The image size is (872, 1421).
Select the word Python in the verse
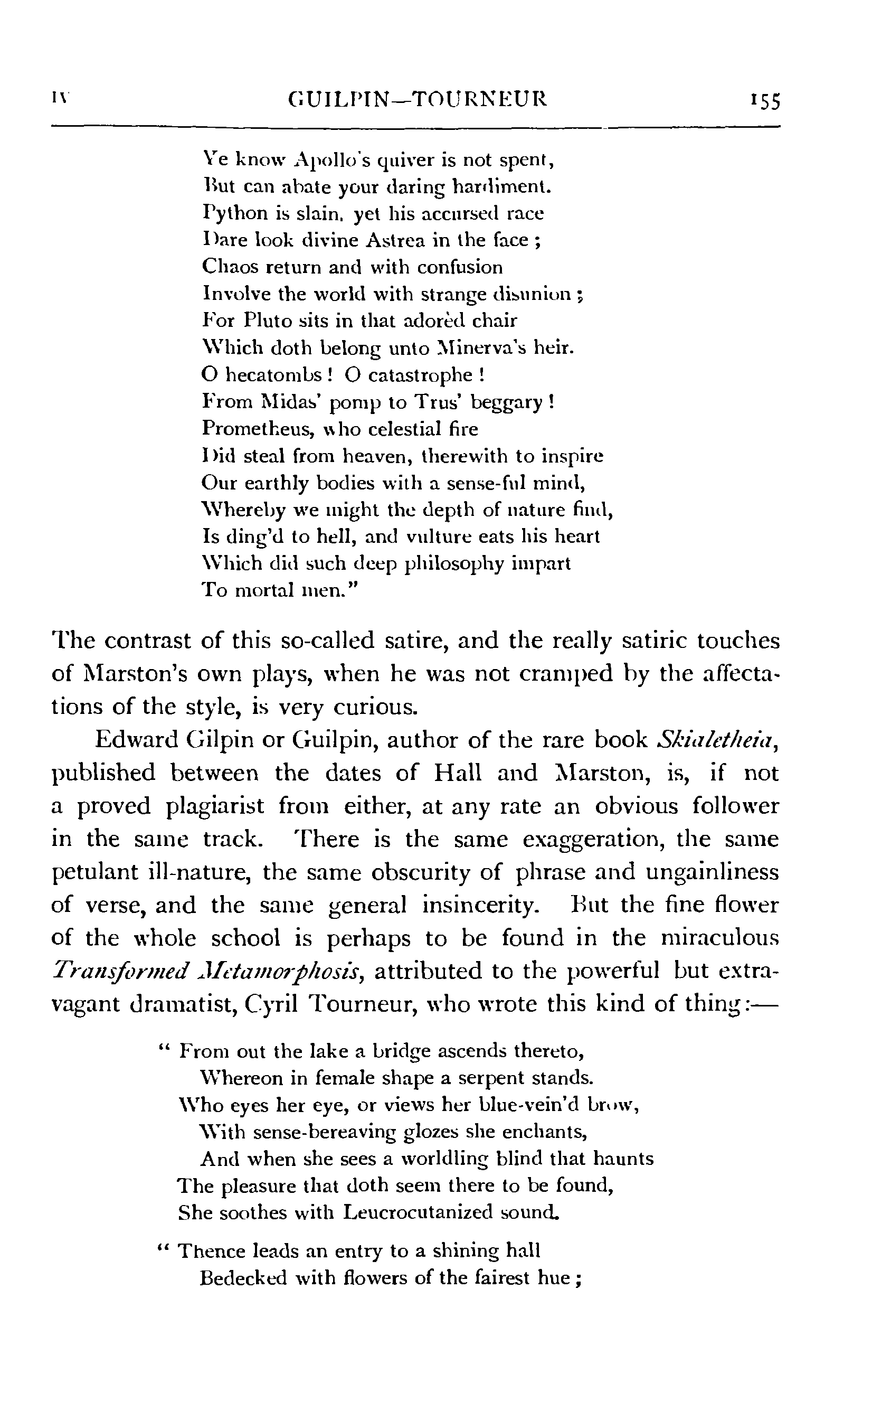(230, 214)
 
